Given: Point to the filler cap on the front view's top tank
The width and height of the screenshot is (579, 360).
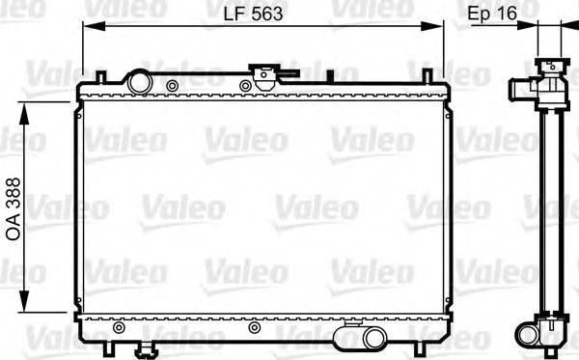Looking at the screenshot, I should click(x=262, y=73).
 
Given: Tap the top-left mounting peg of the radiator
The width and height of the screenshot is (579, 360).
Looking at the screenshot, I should click(x=99, y=76).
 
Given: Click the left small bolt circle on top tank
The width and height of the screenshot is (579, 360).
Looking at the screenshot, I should click(x=172, y=86).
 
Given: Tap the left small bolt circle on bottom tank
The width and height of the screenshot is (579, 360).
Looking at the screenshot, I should click(x=119, y=327).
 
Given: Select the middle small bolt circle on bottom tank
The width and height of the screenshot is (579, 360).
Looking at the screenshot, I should click(x=254, y=327).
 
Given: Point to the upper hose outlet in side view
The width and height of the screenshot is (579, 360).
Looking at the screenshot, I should click(x=522, y=92).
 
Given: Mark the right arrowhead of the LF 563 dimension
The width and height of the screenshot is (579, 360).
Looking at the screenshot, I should click(x=441, y=28).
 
